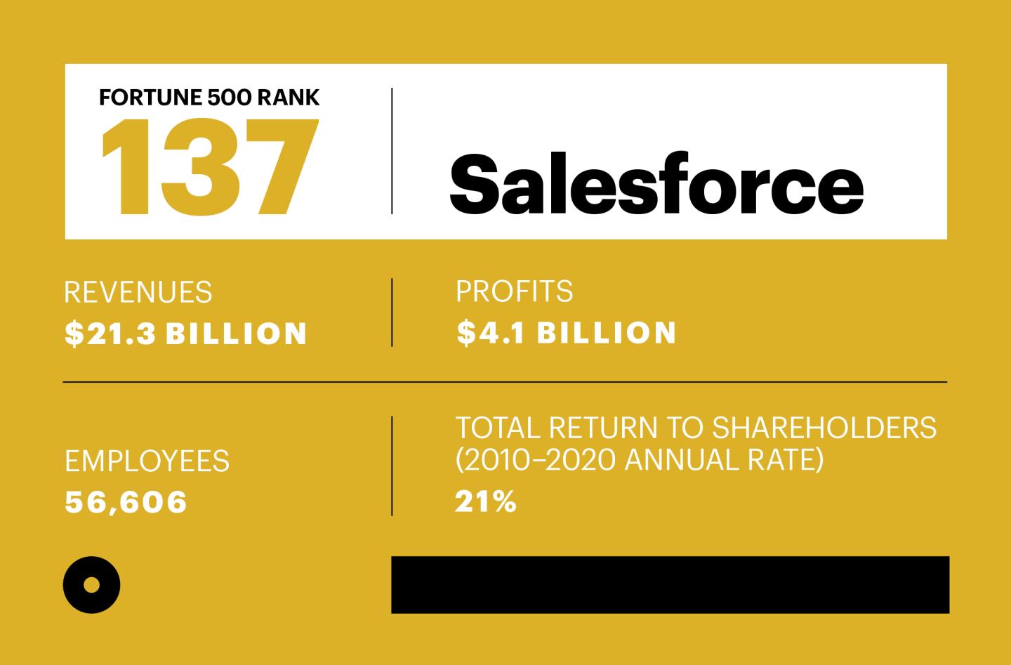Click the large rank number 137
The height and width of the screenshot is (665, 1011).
coord(209,167)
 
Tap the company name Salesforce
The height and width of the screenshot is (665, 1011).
coord(656,183)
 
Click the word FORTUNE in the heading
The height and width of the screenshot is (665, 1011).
coord(151,98)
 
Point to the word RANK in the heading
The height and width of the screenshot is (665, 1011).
coord(288,98)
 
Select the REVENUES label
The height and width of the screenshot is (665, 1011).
coord(138,292)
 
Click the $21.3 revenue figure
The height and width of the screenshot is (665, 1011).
coord(110,334)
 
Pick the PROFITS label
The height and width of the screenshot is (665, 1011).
coord(514,291)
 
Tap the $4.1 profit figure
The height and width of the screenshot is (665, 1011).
coord(490,333)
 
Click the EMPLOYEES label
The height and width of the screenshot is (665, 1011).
coord(147,461)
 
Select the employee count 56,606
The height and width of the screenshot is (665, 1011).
coord(126,502)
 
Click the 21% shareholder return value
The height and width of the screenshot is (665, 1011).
coord(485,501)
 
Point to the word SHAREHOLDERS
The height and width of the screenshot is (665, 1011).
coord(824,428)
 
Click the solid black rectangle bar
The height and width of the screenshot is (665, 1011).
coord(670,585)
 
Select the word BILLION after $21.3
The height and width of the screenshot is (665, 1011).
coord(236,334)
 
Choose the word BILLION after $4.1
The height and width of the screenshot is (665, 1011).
coord(606,333)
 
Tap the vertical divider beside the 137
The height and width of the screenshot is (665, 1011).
coord(392,151)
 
